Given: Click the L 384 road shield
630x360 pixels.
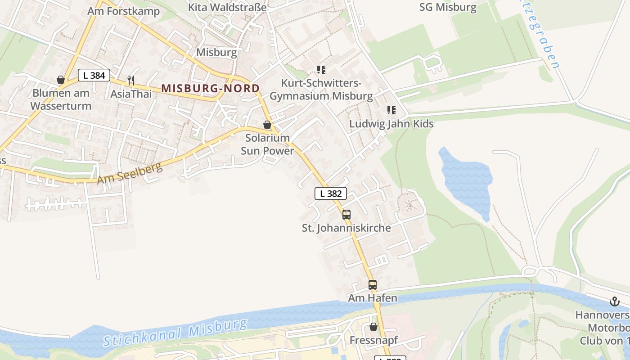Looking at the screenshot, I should pyautogui.click(x=94, y=76).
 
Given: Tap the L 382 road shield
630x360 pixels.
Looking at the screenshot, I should pyautogui.click(x=330, y=193).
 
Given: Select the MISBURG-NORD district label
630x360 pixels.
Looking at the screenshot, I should pyautogui.click(x=211, y=88).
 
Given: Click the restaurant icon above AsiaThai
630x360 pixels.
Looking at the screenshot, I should pyautogui.click(x=131, y=81).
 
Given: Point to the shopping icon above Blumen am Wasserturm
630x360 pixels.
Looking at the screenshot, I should pyautogui.click(x=61, y=80).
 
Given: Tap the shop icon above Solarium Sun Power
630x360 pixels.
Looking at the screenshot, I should pyautogui.click(x=267, y=125).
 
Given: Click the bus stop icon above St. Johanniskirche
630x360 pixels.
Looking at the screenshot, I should pyautogui.click(x=346, y=215).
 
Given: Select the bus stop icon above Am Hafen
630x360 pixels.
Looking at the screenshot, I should pyautogui.click(x=372, y=285).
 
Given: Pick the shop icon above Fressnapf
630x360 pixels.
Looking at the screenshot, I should pyautogui.click(x=373, y=327).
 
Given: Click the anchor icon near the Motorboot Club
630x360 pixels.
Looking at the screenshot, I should pyautogui.click(x=614, y=301).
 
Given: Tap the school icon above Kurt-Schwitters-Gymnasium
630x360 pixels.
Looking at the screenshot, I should pyautogui.click(x=321, y=70).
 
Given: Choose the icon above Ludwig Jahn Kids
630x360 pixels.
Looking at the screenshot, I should pyautogui.click(x=391, y=110).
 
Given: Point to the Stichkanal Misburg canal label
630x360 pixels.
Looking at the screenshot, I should pyautogui.click(x=175, y=333).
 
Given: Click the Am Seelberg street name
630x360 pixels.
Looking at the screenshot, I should pyautogui.click(x=130, y=173).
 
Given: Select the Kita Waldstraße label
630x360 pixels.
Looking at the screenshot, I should pyautogui.click(x=227, y=7).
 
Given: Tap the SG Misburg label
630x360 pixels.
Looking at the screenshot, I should pyautogui.click(x=447, y=7).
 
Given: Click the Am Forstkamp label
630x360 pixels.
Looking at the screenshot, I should pyautogui.click(x=123, y=11).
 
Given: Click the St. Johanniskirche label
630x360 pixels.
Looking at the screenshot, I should pyautogui.click(x=346, y=228).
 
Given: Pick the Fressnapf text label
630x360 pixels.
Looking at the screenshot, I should pyautogui.click(x=373, y=340).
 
